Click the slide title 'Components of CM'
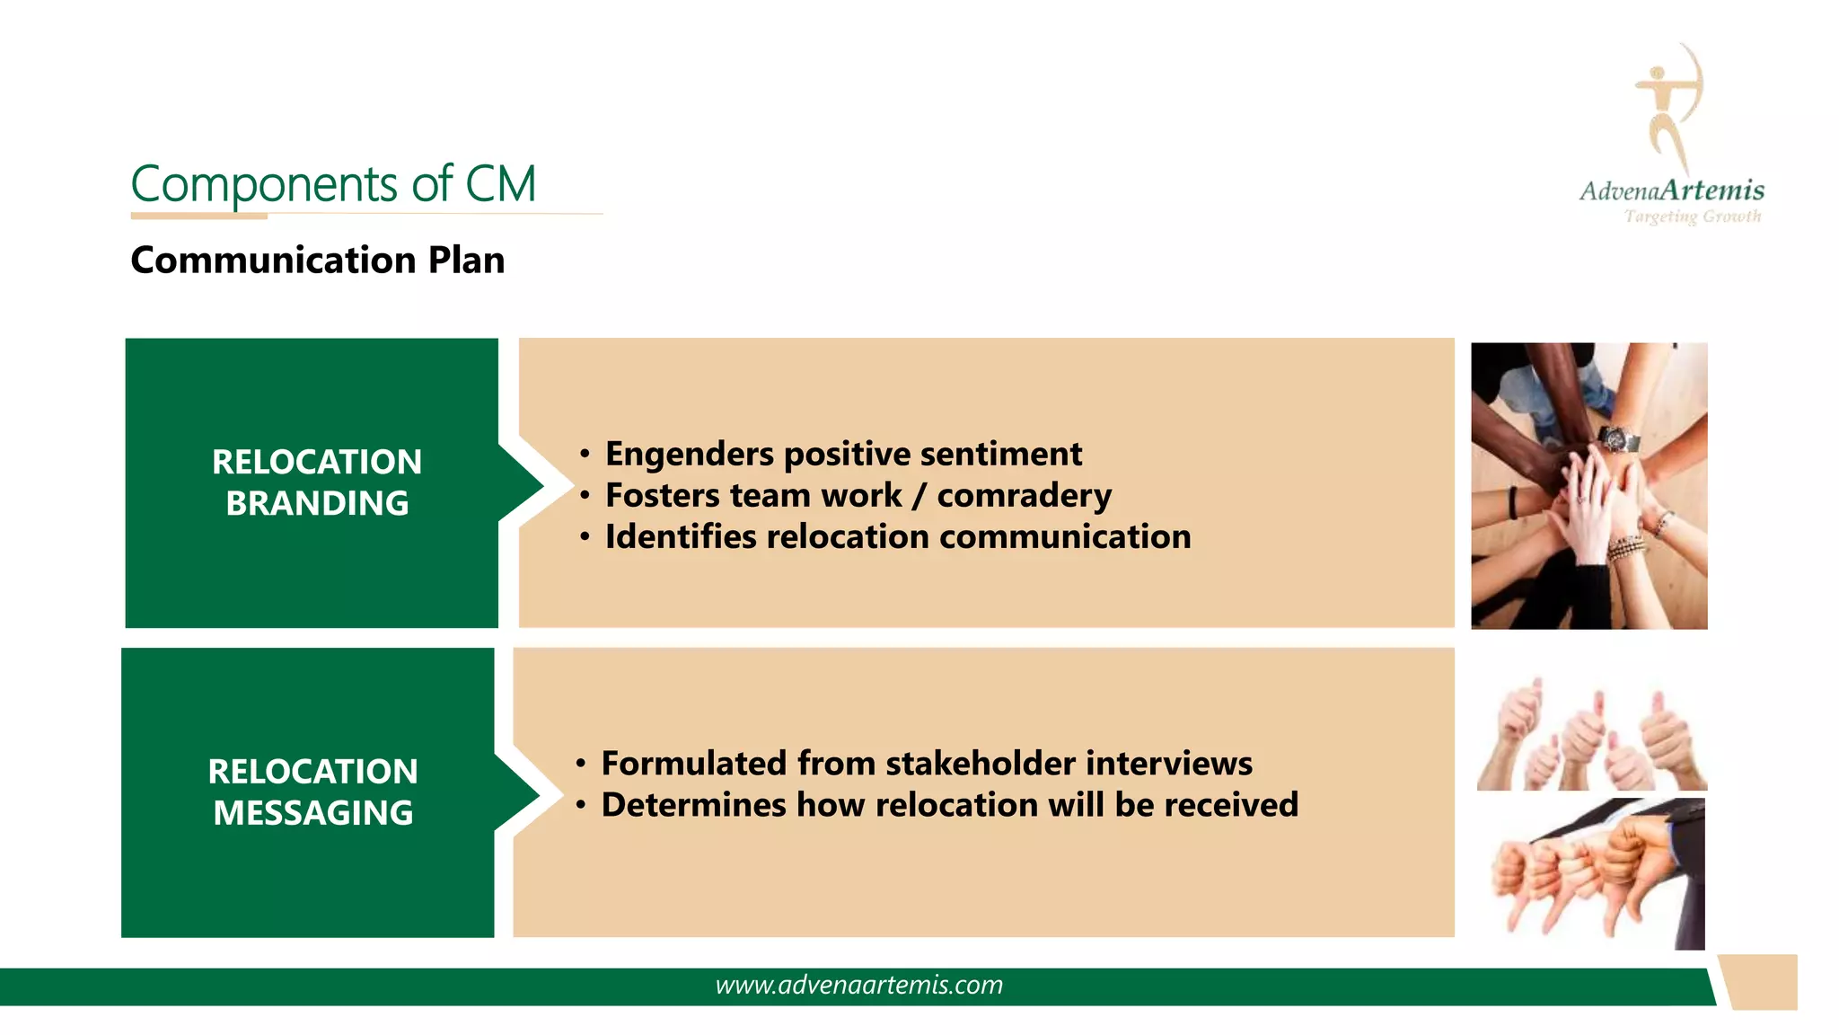(333, 184)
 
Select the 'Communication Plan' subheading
(317, 261)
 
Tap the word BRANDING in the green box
(317, 503)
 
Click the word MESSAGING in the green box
(313, 813)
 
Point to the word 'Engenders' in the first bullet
(689, 455)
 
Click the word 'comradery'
(1024, 496)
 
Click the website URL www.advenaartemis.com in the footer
(858, 986)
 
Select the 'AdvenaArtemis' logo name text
(1671, 190)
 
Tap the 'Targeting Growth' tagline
(1692, 217)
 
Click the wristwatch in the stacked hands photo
(1617, 440)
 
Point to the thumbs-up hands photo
(1590, 735)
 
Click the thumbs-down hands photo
(1590, 873)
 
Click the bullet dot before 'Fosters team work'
(585, 496)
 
